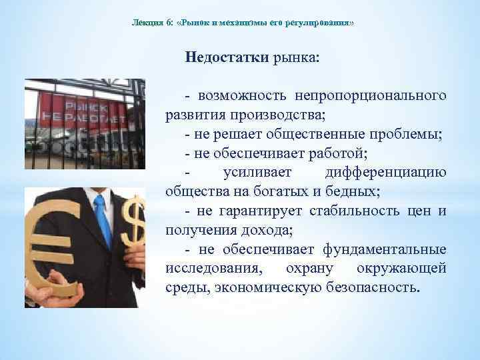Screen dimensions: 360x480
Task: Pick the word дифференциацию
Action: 385,173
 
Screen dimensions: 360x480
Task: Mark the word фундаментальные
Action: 385,250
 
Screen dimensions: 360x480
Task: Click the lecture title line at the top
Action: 243,23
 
